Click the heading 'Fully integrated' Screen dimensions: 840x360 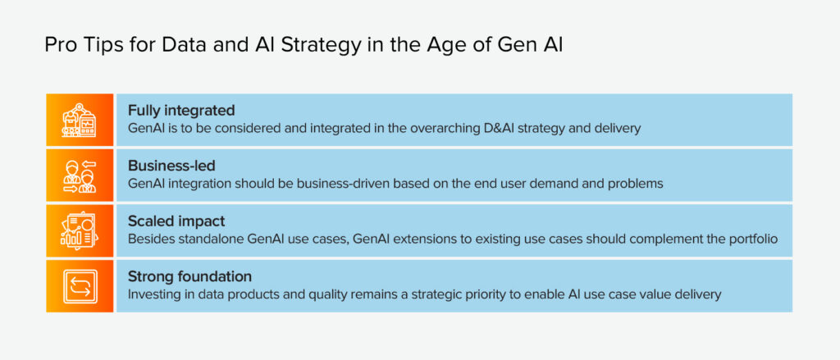(x=181, y=111)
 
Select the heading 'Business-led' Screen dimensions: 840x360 (x=171, y=166)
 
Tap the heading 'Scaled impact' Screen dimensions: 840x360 (x=176, y=221)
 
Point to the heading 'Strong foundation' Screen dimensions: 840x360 (x=189, y=277)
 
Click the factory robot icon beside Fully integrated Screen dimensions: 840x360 (x=80, y=120)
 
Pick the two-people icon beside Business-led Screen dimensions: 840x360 (x=80, y=175)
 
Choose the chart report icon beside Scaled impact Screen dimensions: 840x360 (x=80, y=231)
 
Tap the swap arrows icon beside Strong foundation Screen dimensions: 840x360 (x=80, y=287)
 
